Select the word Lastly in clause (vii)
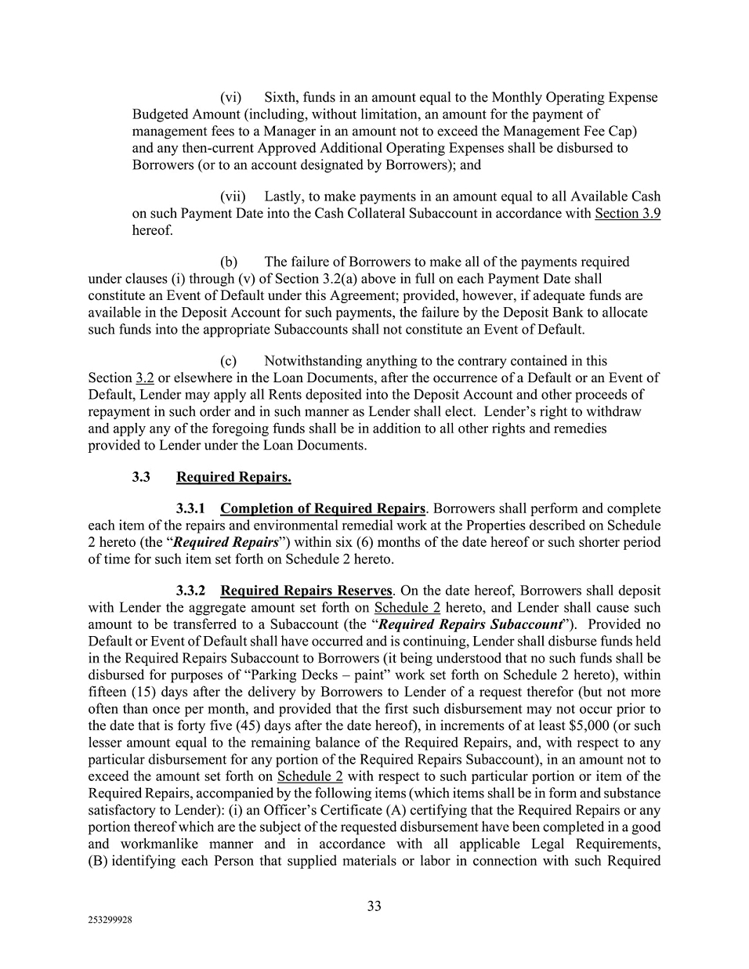pos(285,197)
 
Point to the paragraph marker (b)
pos(229,262)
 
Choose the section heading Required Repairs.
pos(233,477)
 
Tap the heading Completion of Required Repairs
pos(323,508)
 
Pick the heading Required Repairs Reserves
pos(306,591)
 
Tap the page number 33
pos(374,906)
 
